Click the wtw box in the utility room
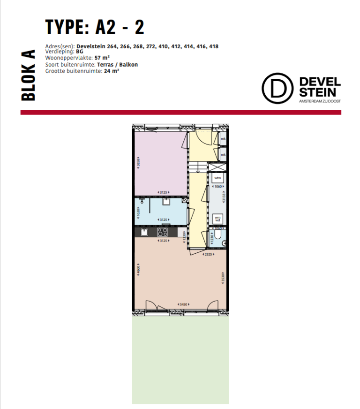coord(217,179)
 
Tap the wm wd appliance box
coord(217,219)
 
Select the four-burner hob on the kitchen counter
coord(163,232)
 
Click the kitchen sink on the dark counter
coord(144,232)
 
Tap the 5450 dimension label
coord(183,305)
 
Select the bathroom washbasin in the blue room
coord(166,202)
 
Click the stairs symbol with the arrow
coord(197,167)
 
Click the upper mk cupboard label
coord(223,139)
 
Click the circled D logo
coord(275,88)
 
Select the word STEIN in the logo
coord(319,92)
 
